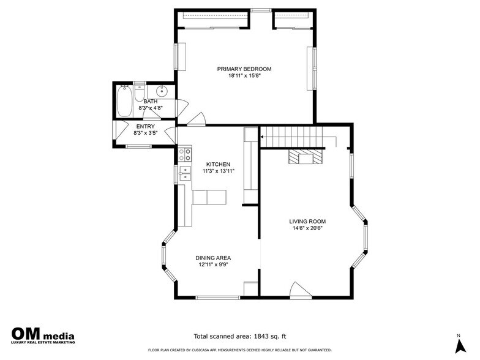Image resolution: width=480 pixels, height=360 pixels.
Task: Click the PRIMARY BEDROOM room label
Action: click(x=244, y=69)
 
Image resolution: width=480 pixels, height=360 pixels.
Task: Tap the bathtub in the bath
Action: click(x=124, y=101)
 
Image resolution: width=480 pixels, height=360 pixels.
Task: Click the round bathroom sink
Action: click(x=162, y=91)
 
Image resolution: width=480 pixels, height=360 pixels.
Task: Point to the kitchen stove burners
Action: click(x=185, y=154)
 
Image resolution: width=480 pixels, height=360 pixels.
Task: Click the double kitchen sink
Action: click(x=185, y=173)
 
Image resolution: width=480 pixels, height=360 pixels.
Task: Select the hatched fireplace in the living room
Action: click(x=306, y=157)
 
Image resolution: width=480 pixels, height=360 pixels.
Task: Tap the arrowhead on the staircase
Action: click(x=262, y=137)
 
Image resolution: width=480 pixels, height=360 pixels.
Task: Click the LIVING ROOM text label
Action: click(x=307, y=222)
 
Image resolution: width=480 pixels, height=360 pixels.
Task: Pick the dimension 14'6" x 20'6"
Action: click(x=307, y=228)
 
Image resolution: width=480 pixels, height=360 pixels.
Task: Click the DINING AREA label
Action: click(x=213, y=258)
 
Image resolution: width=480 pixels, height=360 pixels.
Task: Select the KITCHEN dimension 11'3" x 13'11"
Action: click(x=218, y=171)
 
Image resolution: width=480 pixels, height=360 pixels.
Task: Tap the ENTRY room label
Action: click(x=146, y=126)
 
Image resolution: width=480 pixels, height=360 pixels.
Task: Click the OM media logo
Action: click(x=43, y=336)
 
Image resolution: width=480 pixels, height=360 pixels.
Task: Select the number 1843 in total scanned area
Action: click(x=261, y=336)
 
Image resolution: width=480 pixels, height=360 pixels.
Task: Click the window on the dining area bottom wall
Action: click(x=218, y=297)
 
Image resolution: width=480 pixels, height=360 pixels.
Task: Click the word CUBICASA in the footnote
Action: click(x=200, y=350)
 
